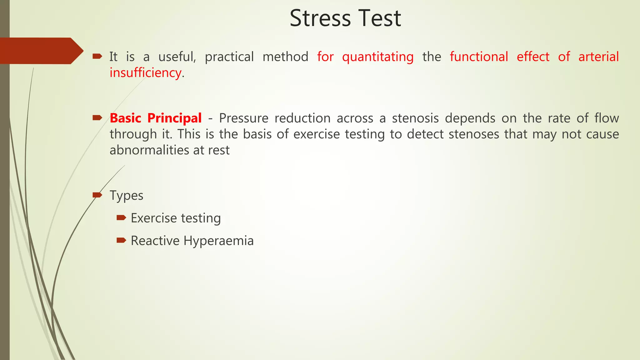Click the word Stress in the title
click(320, 18)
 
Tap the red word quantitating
click(378, 57)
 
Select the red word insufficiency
click(145, 73)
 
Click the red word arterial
click(598, 57)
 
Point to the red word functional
click(479, 57)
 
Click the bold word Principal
click(174, 118)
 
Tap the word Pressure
click(244, 118)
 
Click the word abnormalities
click(149, 150)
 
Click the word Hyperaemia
click(218, 241)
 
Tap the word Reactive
click(155, 241)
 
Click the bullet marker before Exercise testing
click(121, 217)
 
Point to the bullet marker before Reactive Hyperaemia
click(121, 240)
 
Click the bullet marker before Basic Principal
click(97, 118)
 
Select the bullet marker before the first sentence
click(97, 56)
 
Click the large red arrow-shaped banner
click(41, 51)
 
